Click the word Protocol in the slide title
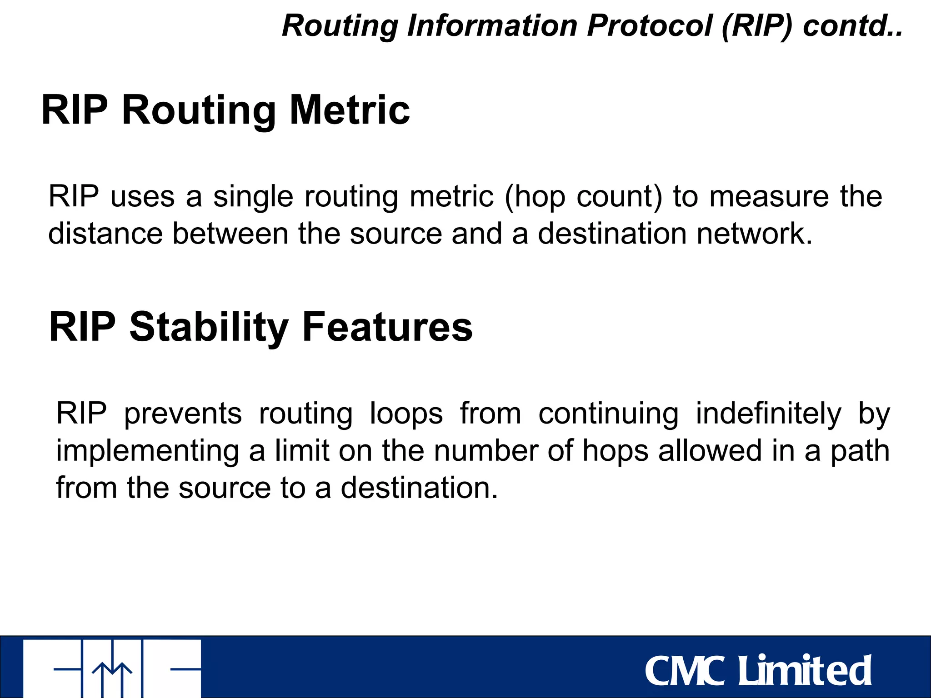pos(649,26)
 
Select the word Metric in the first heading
pos(350,110)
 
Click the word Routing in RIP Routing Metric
pos(199,111)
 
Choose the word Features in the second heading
pos(387,327)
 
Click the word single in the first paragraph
pos(253,197)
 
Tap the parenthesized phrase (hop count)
pos(583,197)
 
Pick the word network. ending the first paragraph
pos(754,234)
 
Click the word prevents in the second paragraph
pos(183,414)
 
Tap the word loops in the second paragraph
pos(406,414)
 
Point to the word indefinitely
pos(768,414)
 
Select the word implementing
pos(147,451)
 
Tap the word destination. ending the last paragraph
pos(419,488)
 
